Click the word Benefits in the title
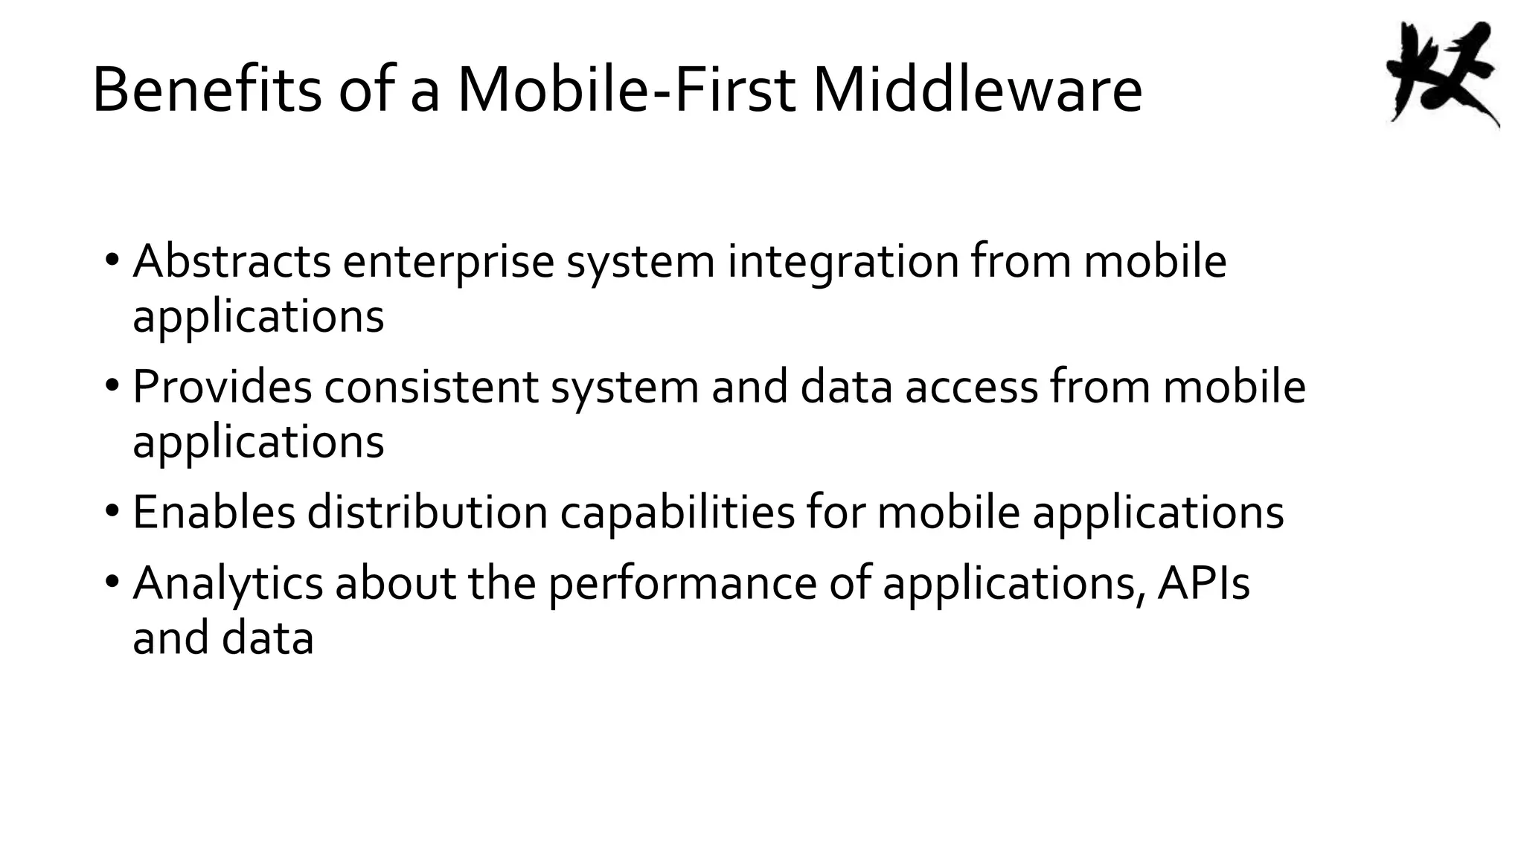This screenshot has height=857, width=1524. [x=206, y=91]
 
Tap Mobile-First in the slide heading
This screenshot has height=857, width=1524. [x=627, y=91]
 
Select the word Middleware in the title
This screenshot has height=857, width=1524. [x=977, y=91]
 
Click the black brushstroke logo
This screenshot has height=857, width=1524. [x=1441, y=74]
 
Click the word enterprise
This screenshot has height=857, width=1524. [x=448, y=263]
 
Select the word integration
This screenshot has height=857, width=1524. [x=842, y=263]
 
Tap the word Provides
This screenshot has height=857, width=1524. [x=222, y=387]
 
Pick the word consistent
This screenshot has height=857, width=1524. [x=431, y=387]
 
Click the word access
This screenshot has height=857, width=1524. [x=970, y=388]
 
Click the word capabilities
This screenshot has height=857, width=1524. [x=677, y=513]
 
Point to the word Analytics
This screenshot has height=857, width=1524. [x=228, y=583]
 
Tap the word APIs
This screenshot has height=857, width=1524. [x=1203, y=582]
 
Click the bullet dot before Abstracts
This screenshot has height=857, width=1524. [x=112, y=261]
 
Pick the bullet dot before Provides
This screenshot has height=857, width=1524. [x=112, y=387]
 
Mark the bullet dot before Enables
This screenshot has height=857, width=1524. [x=112, y=512]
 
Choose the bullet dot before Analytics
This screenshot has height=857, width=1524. [x=112, y=582]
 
